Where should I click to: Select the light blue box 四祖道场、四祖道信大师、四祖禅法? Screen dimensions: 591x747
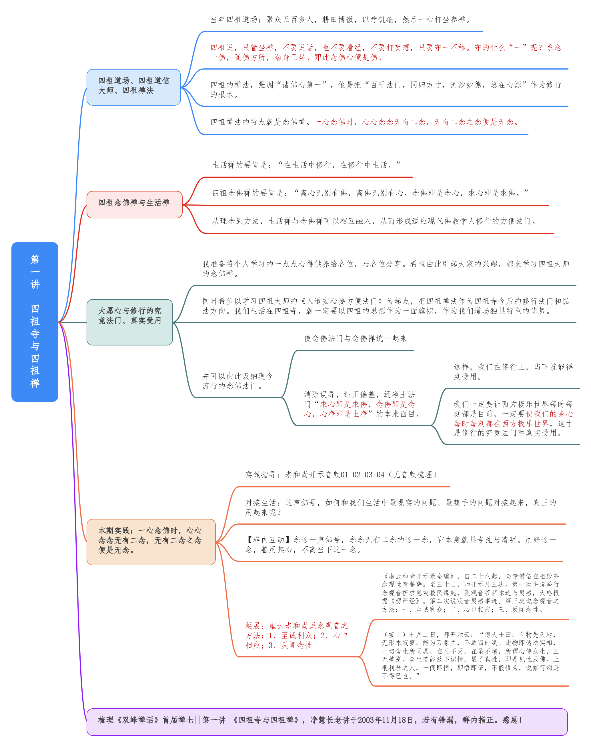pyautogui.click(x=133, y=87)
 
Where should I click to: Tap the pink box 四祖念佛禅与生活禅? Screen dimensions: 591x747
pyautogui.click(x=134, y=204)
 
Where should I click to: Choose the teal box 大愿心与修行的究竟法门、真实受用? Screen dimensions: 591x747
pyautogui.click(x=130, y=322)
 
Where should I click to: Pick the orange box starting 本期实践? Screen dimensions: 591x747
pyautogui.click(x=151, y=542)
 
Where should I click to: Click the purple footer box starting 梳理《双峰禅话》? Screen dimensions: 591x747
pyautogui.click(x=327, y=722)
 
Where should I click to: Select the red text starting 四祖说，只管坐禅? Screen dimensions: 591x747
pyautogui.click(x=386, y=52)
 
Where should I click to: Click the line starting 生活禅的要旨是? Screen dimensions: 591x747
pyautogui.click(x=306, y=165)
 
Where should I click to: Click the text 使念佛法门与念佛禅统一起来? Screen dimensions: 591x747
pyautogui.click(x=355, y=339)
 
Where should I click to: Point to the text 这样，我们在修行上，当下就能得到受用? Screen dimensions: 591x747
pyautogui.click(x=513, y=372)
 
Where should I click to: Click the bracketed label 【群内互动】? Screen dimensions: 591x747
pyautogui.click(x=269, y=540)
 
